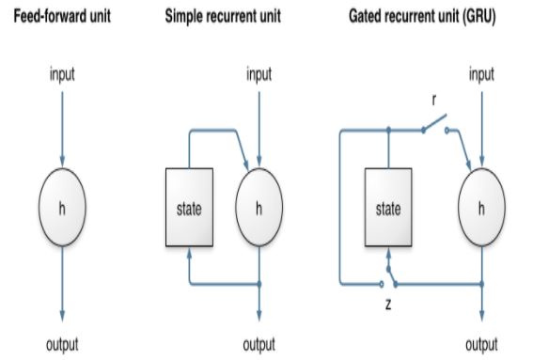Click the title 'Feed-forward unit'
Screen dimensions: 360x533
[62, 17]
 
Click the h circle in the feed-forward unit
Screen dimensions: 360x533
[62, 208]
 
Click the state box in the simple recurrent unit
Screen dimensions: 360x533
[189, 208]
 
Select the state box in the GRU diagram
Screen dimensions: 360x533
[388, 208]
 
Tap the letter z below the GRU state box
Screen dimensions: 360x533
[387, 306]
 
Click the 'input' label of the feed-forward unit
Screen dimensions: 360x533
[62, 75]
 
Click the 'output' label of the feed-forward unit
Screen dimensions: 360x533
[62, 344]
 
